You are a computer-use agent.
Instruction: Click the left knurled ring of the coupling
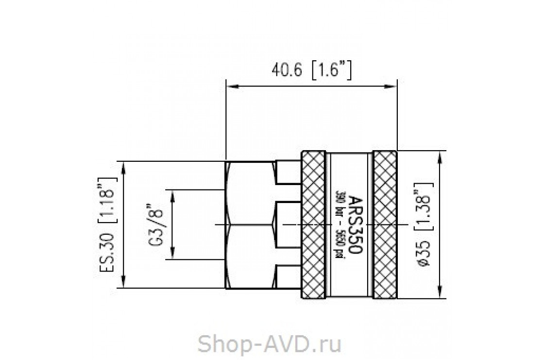(313, 224)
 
